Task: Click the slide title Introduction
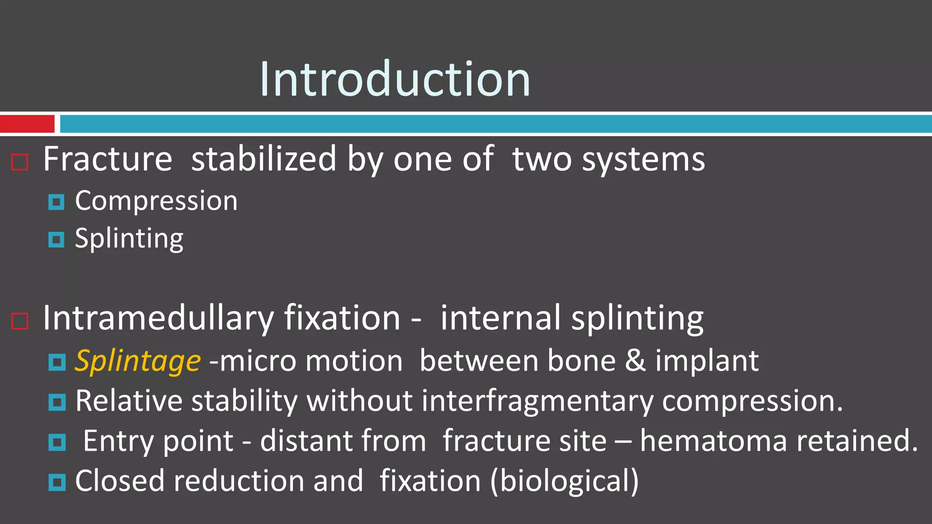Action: tap(395, 79)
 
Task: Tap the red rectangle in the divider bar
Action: tap(27, 124)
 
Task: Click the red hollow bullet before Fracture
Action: tap(20, 162)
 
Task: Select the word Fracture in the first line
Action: tap(108, 159)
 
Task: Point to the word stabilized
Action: tap(263, 159)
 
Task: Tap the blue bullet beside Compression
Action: tap(56, 202)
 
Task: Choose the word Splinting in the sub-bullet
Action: tap(129, 238)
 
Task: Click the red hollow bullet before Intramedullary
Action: tap(20, 321)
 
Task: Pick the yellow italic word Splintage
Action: tap(137, 361)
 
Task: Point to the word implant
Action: tap(707, 361)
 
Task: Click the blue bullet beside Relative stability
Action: tap(57, 402)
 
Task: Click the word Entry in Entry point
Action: tap(119, 441)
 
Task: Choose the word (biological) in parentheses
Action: tap(564, 481)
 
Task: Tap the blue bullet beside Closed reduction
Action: tap(57, 482)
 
